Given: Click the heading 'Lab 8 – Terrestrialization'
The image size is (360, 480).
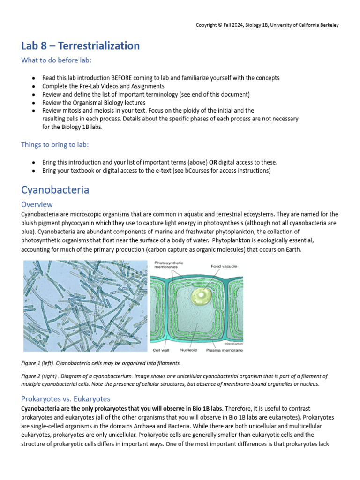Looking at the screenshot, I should [x=81, y=46].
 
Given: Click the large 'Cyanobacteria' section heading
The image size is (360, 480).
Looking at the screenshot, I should [x=55, y=190].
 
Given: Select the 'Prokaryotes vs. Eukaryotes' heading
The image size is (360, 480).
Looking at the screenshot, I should [x=66, y=399].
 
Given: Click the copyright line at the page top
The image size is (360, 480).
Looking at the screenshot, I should [x=267, y=25].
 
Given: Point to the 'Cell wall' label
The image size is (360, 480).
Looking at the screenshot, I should [x=163, y=350].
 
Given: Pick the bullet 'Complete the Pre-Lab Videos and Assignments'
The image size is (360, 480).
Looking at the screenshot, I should [x=103, y=86].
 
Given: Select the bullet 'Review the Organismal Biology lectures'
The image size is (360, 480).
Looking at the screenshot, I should [x=94, y=103].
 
